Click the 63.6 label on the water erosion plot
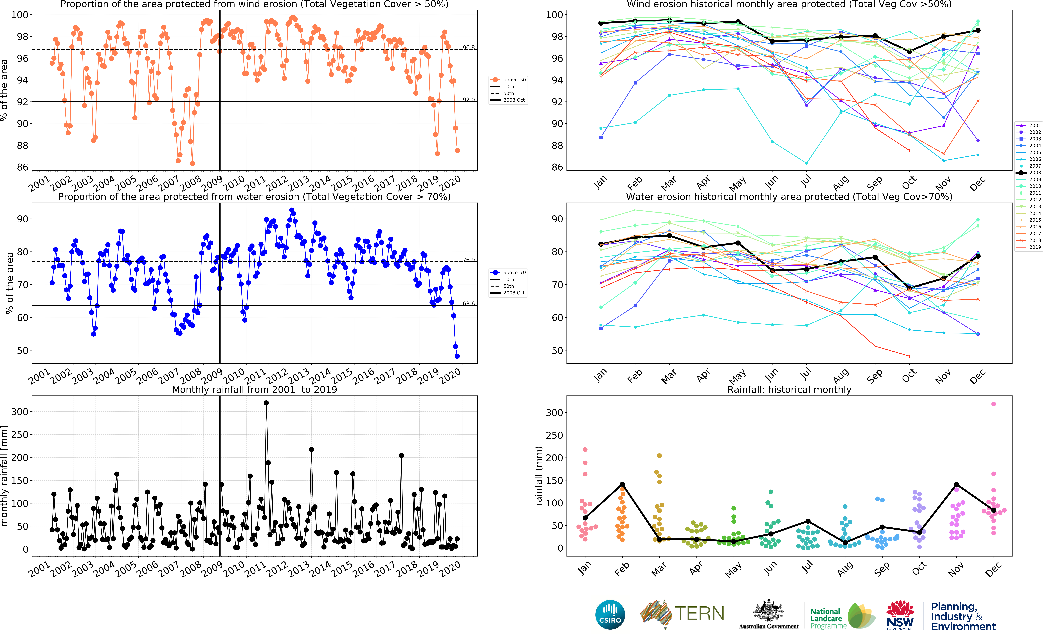(469, 304)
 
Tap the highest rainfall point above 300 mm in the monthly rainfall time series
(266, 403)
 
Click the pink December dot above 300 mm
(993, 404)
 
